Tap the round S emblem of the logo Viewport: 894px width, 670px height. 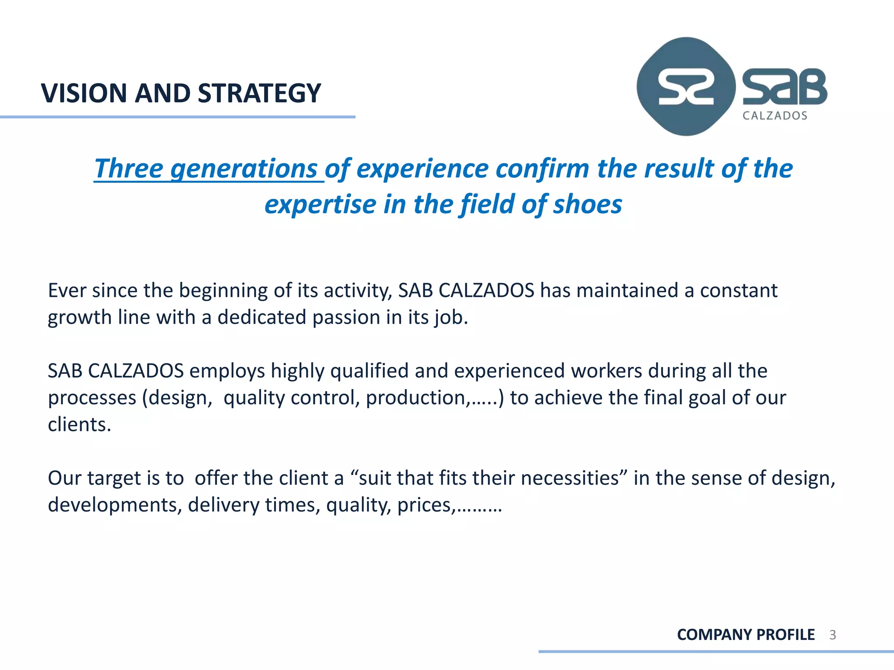685,87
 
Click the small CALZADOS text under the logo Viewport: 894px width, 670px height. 775,116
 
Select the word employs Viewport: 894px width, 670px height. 227,371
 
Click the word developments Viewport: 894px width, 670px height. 115,505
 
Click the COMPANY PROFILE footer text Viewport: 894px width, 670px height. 746,635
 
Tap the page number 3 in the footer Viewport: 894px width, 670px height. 832,635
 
